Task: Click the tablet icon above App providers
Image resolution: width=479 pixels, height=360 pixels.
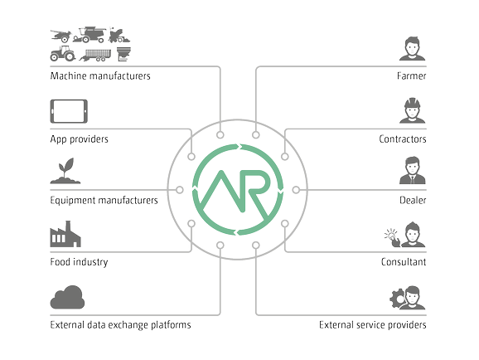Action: (69, 111)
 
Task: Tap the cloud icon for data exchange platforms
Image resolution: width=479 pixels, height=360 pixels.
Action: (67, 297)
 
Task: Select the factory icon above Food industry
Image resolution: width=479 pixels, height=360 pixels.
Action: (65, 234)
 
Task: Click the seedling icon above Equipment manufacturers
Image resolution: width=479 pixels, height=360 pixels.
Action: (65, 171)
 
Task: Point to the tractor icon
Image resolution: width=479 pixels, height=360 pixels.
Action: (63, 54)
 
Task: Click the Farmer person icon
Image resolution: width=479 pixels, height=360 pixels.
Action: (412, 49)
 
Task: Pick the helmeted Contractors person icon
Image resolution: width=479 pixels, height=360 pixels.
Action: (412, 110)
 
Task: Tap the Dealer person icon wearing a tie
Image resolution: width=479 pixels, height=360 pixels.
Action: (412, 170)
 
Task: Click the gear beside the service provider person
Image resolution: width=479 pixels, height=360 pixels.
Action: (398, 299)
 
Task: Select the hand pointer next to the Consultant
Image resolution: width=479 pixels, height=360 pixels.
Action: (393, 238)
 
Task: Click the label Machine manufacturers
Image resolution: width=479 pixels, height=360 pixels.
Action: (100, 75)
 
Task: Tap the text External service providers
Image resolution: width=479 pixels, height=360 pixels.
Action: (372, 325)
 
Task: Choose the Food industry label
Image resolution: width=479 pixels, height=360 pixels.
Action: (79, 262)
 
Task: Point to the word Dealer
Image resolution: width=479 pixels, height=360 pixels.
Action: (413, 201)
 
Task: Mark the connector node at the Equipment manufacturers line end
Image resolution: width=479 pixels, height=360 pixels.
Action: (180, 190)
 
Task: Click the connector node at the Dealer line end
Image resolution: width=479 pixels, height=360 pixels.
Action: (296, 190)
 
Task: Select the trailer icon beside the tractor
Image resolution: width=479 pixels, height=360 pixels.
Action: (95, 55)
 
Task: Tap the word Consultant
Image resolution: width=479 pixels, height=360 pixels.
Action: (404, 262)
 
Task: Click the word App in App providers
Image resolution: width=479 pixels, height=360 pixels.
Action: (58, 139)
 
